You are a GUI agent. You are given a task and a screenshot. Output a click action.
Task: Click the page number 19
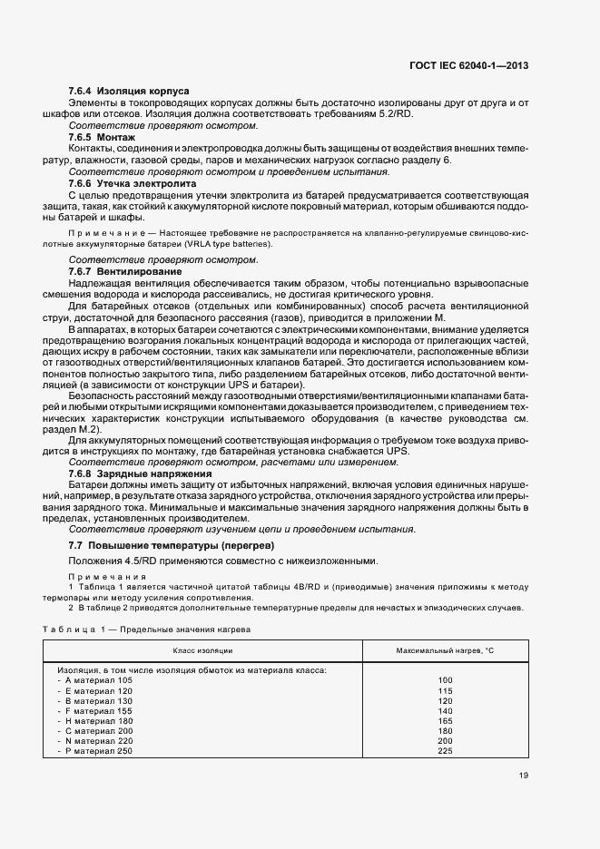click(524, 775)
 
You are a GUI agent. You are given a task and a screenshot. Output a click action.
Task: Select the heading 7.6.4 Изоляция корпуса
click(128, 92)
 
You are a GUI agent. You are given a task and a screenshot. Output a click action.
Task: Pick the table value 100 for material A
click(445, 679)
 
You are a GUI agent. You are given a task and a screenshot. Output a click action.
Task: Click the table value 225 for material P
click(445, 750)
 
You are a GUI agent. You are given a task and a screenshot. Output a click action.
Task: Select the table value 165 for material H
click(445, 720)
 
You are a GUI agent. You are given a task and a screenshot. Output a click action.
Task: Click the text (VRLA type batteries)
click(227, 244)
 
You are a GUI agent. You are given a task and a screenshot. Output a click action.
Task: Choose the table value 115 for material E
click(445, 690)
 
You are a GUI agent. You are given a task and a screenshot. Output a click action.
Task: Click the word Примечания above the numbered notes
click(94, 577)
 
